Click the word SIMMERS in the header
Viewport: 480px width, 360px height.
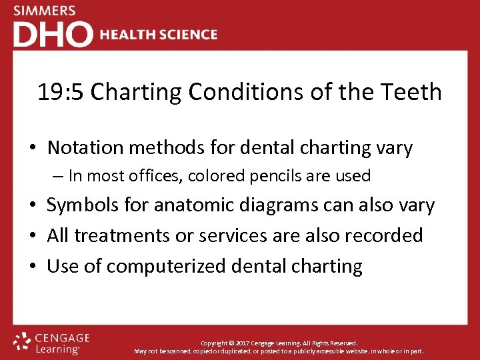pos(45,11)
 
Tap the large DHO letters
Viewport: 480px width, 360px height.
pos(53,35)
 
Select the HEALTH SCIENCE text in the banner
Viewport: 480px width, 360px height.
pos(159,35)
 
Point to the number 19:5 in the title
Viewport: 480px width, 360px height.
pos(61,92)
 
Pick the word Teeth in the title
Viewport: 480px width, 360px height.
pos(414,92)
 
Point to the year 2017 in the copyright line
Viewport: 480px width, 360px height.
pos(245,343)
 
